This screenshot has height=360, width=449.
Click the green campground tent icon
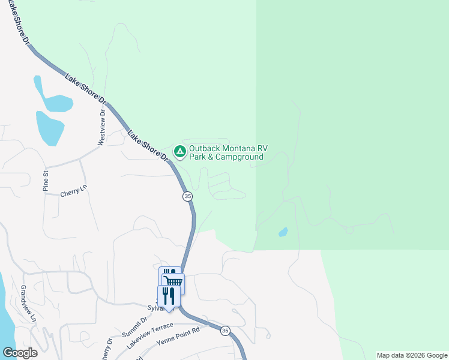coord(179,151)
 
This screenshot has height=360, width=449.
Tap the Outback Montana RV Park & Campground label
coord(226,153)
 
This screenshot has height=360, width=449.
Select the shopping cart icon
coord(174,282)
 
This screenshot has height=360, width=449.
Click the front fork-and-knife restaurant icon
coord(168,295)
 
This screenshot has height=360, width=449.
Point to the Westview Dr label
coord(101,127)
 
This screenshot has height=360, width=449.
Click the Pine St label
coord(45,180)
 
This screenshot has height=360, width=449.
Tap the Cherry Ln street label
coord(74,194)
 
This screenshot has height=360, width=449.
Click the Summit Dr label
coord(136,328)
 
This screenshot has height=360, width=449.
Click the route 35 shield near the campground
coord(187,196)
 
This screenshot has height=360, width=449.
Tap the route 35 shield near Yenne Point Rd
coord(225,331)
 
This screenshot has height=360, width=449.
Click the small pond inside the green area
coord(283,232)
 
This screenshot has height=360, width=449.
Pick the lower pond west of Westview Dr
coord(49,127)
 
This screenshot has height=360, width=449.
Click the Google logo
coord(20,352)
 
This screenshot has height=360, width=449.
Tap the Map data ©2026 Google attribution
coord(412,355)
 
